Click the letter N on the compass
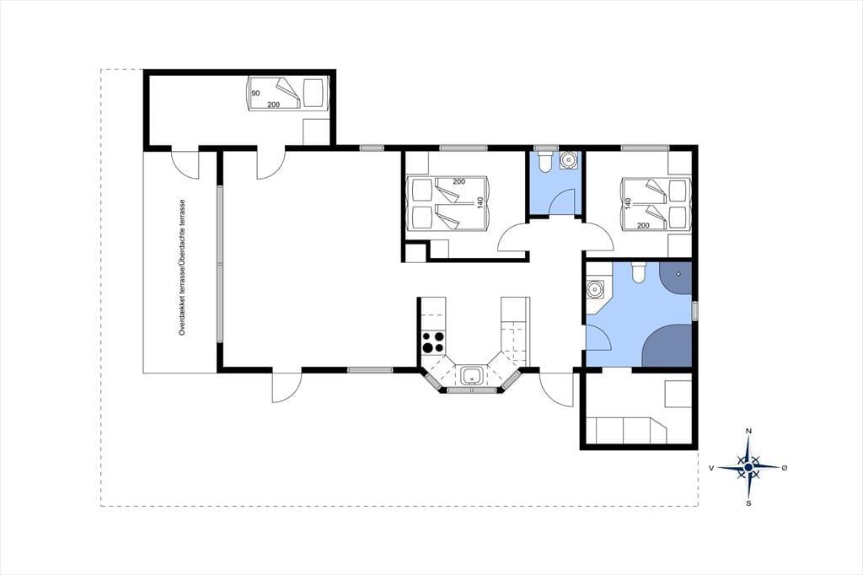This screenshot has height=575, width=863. [x=748, y=431]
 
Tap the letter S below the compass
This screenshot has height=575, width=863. [x=748, y=502]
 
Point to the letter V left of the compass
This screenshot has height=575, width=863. [x=711, y=468]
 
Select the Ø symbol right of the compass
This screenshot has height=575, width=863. [x=785, y=468]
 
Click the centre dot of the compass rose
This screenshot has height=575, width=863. [x=748, y=468]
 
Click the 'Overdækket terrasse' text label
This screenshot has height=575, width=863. [x=183, y=298]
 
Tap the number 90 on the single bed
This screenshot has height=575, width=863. [x=255, y=94]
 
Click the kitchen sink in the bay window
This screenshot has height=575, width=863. [x=473, y=376]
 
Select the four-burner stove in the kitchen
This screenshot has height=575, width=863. [x=432, y=341]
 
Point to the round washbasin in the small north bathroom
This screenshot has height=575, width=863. [x=568, y=159]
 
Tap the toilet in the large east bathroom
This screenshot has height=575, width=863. [x=639, y=272]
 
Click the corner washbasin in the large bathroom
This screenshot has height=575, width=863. [x=594, y=288]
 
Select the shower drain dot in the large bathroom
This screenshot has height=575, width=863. [x=680, y=274]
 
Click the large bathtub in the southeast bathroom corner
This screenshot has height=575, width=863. [x=667, y=346]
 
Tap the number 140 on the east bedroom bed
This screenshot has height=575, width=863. [x=627, y=204]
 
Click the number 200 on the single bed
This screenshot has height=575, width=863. [x=274, y=105]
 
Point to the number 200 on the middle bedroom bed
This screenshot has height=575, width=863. [x=459, y=181]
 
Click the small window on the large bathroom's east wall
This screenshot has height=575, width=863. [x=694, y=310]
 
